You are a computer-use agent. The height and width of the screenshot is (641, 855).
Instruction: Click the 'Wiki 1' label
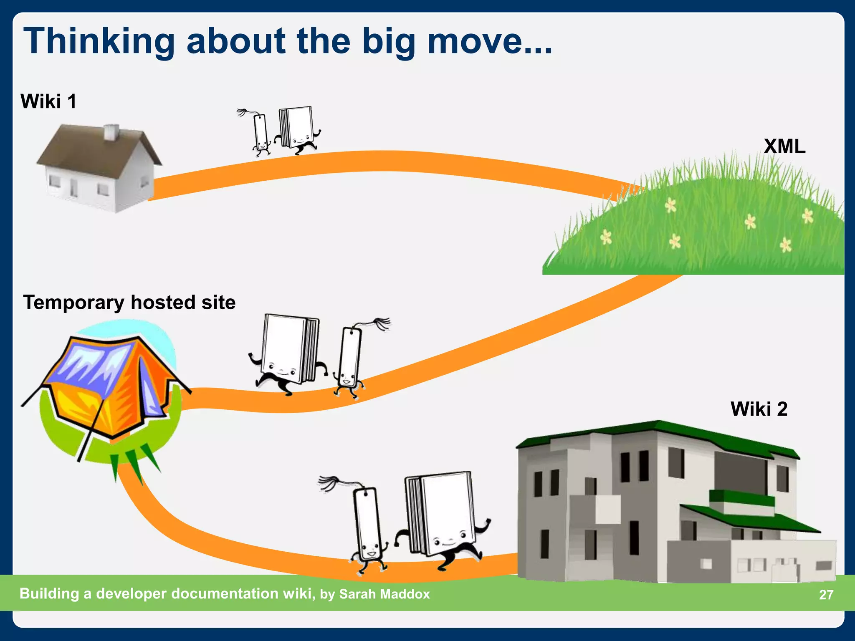[48, 101]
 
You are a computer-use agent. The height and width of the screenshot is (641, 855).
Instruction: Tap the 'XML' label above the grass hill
[784, 146]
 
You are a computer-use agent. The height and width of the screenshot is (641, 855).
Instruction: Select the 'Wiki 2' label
[759, 409]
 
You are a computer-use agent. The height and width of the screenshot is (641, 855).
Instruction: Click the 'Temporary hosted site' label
[129, 302]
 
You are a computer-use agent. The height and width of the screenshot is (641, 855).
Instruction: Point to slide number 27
[826, 594]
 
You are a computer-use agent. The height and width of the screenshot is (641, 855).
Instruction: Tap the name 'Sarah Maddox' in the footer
[384, 594]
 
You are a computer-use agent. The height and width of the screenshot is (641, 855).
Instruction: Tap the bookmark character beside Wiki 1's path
[261, 133]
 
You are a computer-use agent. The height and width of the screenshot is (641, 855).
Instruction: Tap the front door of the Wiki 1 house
[73, 188]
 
